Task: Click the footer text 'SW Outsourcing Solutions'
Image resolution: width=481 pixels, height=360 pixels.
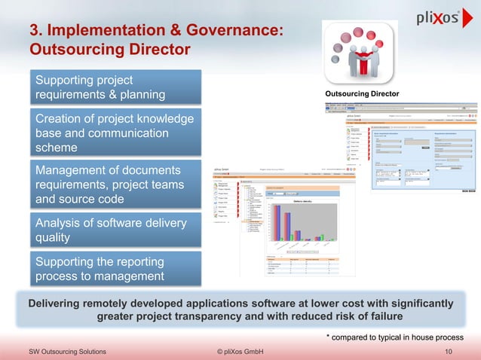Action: tap(67, 352)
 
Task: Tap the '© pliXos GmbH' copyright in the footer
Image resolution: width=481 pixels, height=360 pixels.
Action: tap(239, 352)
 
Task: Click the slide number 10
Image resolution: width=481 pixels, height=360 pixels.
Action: tap(449, 352)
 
